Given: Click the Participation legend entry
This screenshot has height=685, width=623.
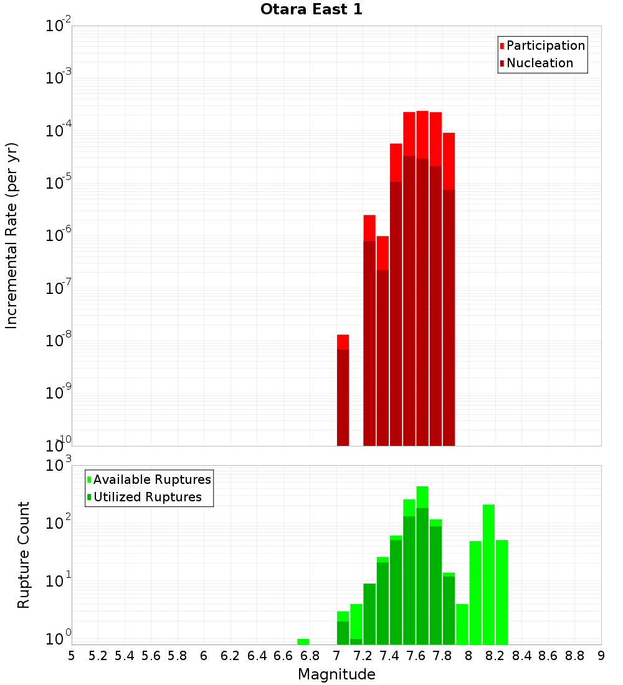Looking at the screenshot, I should [545, 45].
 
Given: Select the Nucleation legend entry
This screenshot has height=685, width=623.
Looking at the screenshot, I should [539, 63].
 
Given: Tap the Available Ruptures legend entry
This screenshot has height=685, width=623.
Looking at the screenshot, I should [151, 479].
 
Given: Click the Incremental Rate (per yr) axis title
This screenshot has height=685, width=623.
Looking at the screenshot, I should [12, 235].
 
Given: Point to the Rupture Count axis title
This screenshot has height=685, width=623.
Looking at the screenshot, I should [24, 555].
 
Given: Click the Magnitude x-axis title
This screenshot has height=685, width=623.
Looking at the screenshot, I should [336, 674].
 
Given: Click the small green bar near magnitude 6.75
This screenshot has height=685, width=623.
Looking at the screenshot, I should [303, 641].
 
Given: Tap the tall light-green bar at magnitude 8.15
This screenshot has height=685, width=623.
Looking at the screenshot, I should [488, 573].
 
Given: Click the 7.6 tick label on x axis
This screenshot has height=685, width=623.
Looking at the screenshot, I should [416, 656].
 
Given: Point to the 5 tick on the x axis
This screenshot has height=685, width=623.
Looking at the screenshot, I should [72, 656].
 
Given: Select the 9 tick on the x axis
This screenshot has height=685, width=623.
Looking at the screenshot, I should [601, 656].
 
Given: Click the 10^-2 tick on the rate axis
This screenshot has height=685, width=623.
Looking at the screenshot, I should [58, 26].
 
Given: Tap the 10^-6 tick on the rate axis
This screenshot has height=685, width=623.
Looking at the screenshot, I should [58, 236].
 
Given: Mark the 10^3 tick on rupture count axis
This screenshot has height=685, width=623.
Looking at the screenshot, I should [58, 466].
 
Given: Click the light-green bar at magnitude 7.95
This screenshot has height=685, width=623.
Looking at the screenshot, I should [462, 624].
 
